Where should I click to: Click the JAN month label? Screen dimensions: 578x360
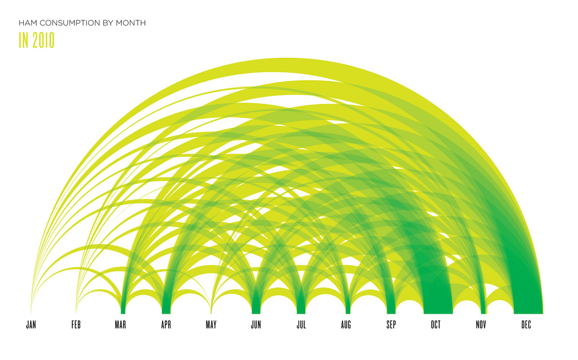coord(31,324)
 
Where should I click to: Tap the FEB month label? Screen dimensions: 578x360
coord(76,324)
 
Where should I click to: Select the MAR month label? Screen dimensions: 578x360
coord(121,324)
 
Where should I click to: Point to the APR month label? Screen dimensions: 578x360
coord(167,324)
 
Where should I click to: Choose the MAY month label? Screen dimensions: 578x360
coord(211,324)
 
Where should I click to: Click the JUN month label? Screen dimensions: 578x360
coord(256,324)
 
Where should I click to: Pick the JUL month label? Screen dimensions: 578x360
coord(301,324)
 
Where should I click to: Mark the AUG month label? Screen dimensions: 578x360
coord(346,324)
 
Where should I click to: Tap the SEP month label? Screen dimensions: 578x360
coord(391,324)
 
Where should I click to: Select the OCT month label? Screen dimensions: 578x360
coord(436,324)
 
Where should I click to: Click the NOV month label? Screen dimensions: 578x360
coord(481,324)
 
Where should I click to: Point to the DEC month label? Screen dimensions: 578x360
coord(526,324)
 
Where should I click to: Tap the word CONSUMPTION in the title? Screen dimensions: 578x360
coord(70,23)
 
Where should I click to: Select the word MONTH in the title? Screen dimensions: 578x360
coord(131,23)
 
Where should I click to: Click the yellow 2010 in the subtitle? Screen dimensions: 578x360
coord(43,40)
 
